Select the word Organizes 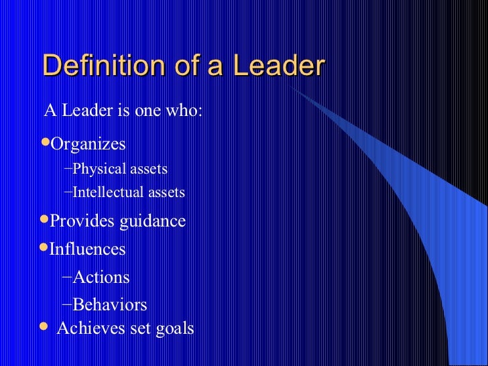88,144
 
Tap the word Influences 88,249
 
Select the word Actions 101,277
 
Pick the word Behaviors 110,305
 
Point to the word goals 174,328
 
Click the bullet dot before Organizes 46,143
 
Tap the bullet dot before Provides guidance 46,220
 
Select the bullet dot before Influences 46,248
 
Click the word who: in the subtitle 183,111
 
